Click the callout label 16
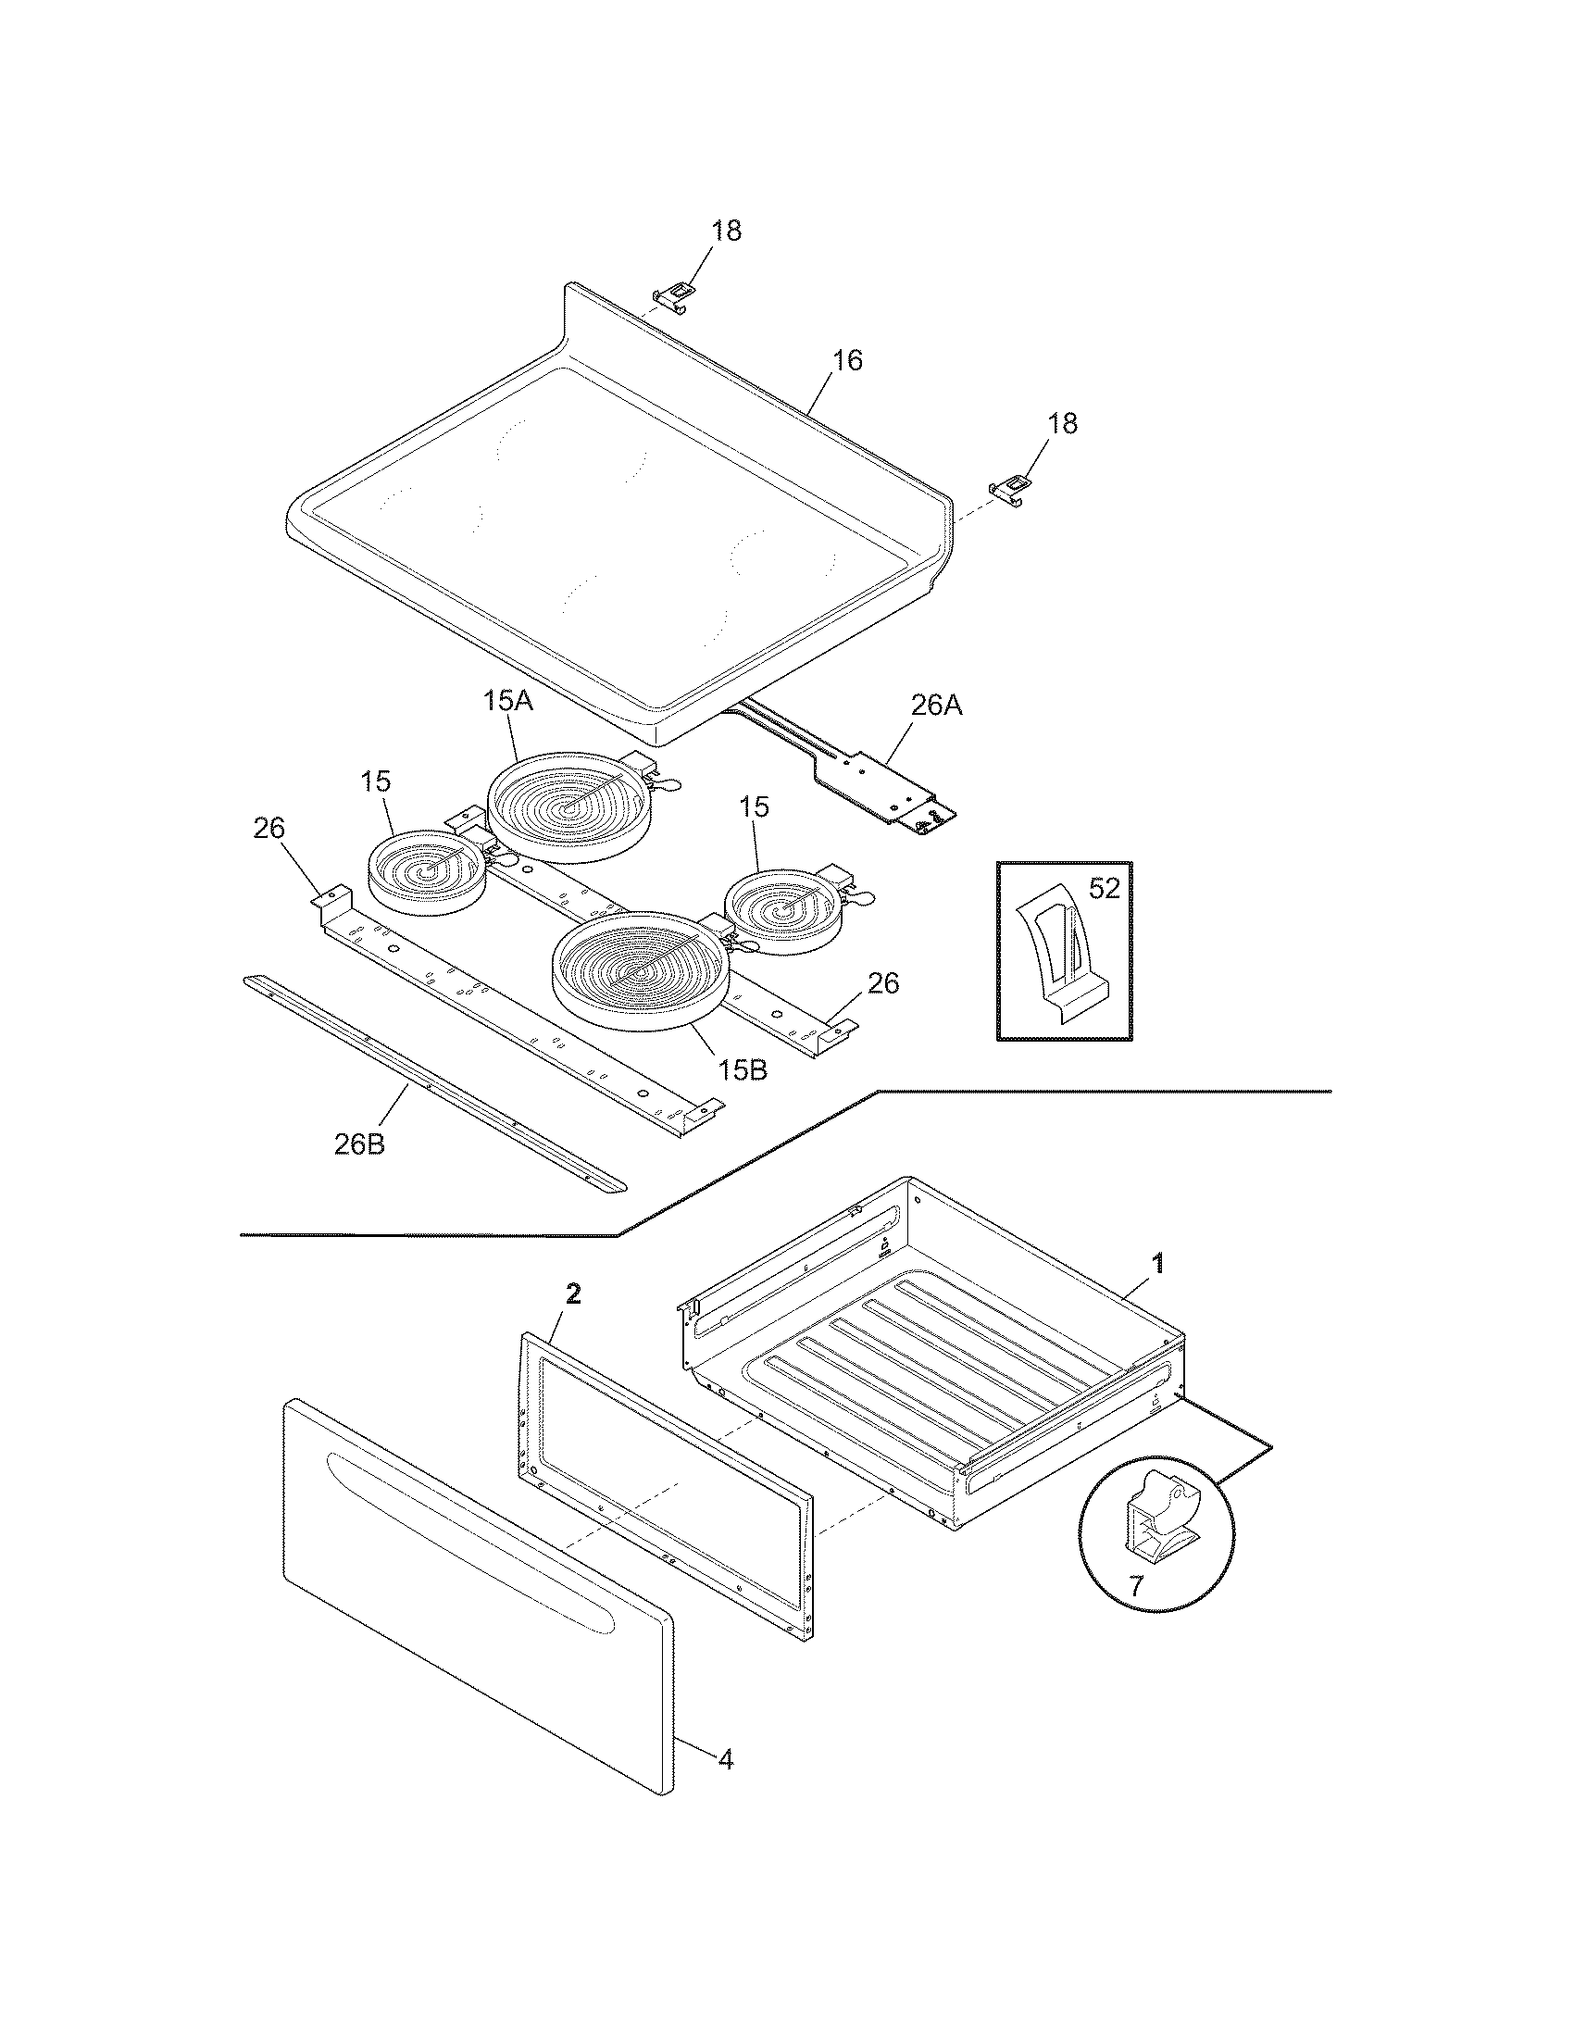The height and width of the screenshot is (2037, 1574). [847, 360]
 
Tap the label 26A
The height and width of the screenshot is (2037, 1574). [936, 706]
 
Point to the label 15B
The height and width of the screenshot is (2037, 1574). [743, 1069]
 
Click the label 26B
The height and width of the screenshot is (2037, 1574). [359, 1144]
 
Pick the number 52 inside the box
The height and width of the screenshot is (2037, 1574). [1103, 889]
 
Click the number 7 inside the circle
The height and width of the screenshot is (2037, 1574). [1135, 1585]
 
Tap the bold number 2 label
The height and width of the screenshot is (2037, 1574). [573, 1293]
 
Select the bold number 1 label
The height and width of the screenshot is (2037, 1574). [1158, 1264]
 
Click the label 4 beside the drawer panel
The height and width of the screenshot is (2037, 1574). [725, 1759]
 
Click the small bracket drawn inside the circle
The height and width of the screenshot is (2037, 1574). [1161, 1516]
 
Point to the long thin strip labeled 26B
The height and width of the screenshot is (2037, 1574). [433, 1081]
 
